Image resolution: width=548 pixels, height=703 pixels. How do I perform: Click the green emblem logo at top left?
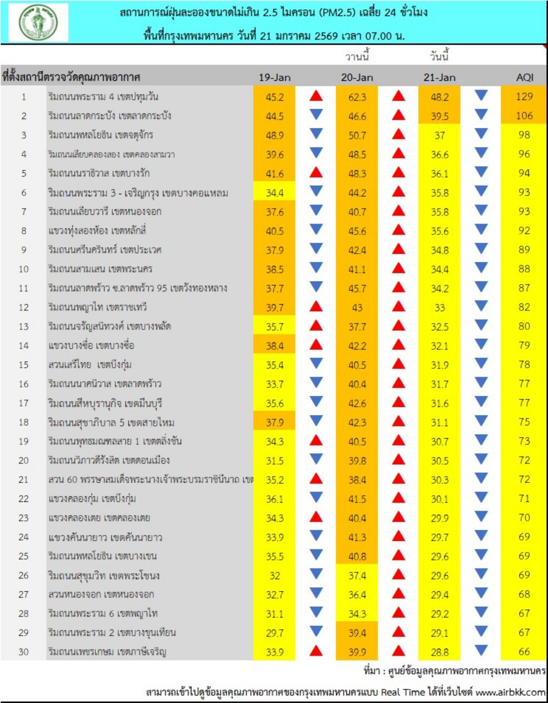coord(38,22)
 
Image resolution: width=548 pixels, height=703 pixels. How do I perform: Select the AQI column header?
coord(524,77)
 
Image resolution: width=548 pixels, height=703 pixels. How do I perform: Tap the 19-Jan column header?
coord(274,77)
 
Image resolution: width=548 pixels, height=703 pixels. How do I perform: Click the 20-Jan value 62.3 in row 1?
coord(357,97)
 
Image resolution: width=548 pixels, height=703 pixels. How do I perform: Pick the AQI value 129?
coord(524,97)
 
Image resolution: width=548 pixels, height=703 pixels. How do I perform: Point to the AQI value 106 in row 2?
coord(524,116)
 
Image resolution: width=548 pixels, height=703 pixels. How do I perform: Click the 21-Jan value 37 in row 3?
coord(440,136)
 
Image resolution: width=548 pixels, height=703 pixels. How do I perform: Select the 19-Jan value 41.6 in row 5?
coord(274,174)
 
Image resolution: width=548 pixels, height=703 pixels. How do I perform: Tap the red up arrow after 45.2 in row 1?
coord(316,96)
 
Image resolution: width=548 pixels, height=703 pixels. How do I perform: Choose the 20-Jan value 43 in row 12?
coord(357,308)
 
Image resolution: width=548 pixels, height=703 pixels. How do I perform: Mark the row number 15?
coord(24,365)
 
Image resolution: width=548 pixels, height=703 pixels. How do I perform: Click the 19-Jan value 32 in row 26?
coord(274,576)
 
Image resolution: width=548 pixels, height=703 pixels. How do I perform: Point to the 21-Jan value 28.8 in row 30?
coord(440,652)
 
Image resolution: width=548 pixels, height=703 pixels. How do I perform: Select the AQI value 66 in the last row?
coord(524,652)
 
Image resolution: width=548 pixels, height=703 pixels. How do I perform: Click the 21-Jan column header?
coord(440,77)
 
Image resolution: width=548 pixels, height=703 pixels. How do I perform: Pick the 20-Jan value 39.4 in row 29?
coord(357,633)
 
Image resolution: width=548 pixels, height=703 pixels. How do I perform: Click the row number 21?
coord(24,480)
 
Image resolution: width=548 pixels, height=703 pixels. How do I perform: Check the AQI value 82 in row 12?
coord(524,307)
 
